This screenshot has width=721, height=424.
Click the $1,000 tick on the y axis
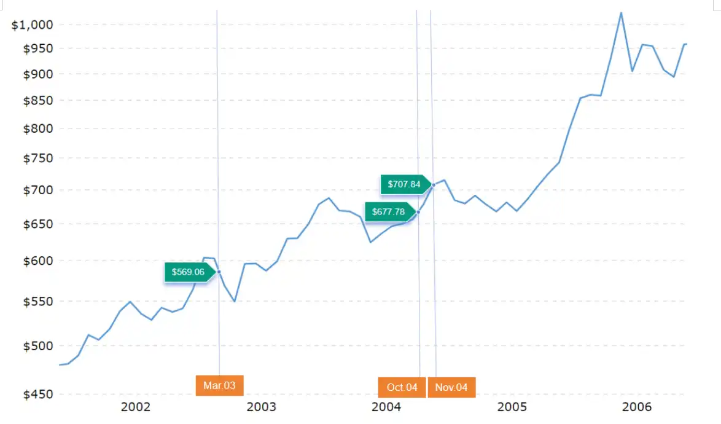(33, 25)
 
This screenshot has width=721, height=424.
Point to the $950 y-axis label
(39, 49)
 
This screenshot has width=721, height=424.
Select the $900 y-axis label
(39, 74)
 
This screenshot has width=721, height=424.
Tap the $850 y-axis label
(39, 100)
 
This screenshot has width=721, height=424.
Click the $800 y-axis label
(39, 129)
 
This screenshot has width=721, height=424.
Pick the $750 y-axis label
(39, 159)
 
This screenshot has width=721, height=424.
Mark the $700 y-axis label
(39, 190)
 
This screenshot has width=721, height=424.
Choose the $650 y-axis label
(39, 224)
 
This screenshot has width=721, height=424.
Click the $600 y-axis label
(39, 261)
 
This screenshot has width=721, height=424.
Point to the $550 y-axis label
(39, 302)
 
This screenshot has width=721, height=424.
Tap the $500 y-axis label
(39, 346)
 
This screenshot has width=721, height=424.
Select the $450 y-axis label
(39, 395)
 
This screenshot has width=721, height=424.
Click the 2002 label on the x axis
(136, 407)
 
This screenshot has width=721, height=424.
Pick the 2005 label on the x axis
(512, 407)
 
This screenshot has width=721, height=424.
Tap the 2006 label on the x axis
(637, 407)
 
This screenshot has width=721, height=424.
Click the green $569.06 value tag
(188, 272)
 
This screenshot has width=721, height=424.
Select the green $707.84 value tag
(404, 184)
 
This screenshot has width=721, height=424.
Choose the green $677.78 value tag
(388, 212)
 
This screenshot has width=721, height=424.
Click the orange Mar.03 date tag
(219, 386)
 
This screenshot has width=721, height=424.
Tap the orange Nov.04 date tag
(451, 387)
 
